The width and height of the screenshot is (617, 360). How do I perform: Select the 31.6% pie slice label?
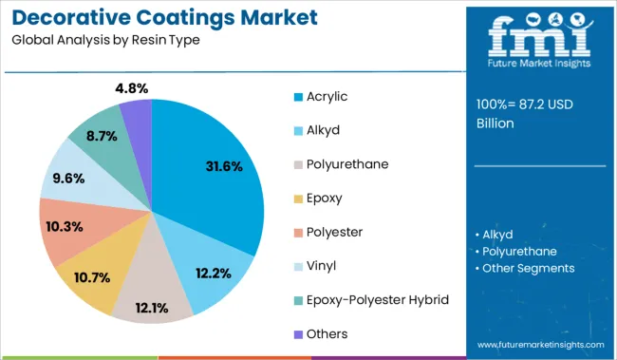click(224, 166)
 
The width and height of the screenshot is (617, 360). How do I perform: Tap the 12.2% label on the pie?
click(214, 274)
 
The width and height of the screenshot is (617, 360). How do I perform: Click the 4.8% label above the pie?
click(130, 88)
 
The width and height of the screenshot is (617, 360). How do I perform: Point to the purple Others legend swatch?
click(297, 333)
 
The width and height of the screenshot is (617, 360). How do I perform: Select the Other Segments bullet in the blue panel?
click(528, 268)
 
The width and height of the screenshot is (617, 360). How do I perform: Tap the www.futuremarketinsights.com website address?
click(540, 344)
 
